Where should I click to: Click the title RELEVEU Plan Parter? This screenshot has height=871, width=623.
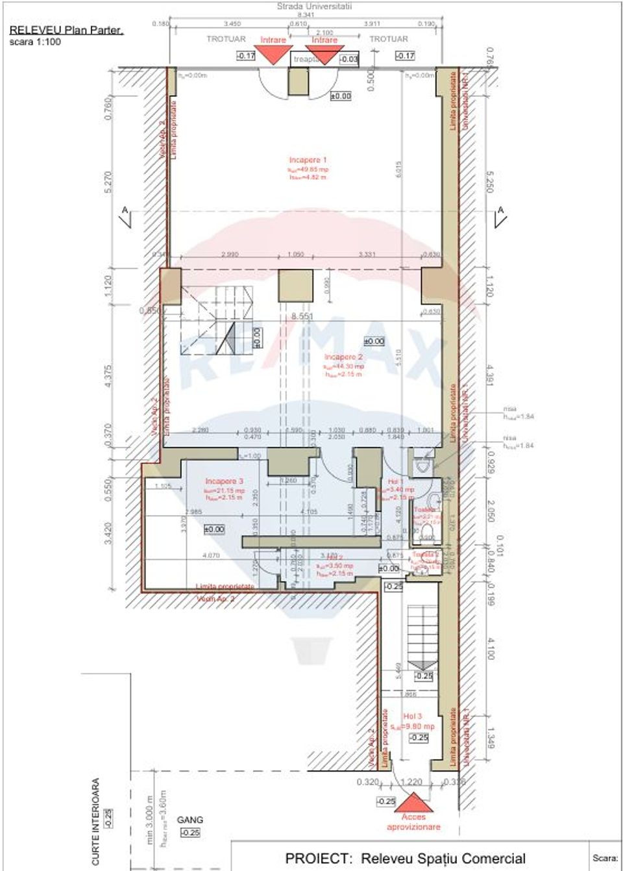(66, 30)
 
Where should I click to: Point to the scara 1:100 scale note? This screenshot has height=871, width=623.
(35, 42)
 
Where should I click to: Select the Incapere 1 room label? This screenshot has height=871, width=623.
(308, 160)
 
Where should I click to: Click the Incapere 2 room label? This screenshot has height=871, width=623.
(343, 357)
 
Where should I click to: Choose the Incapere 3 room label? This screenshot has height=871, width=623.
(224, 481)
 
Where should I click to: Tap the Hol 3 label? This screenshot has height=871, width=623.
(412, 716)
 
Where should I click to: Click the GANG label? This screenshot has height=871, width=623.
(190, 820)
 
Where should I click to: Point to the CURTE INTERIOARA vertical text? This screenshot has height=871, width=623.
(96, 822)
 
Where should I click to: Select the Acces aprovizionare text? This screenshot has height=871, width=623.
(413, 822)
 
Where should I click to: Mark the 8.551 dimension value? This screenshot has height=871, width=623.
(302, 316)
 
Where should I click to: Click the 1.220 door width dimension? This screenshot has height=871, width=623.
(411, 782)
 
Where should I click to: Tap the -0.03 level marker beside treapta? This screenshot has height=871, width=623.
(348, 59)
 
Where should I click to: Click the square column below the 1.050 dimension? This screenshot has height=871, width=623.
(295, 285)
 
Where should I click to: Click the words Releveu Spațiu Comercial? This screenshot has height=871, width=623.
(443, 858)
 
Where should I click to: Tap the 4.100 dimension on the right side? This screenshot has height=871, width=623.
(489, 648)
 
